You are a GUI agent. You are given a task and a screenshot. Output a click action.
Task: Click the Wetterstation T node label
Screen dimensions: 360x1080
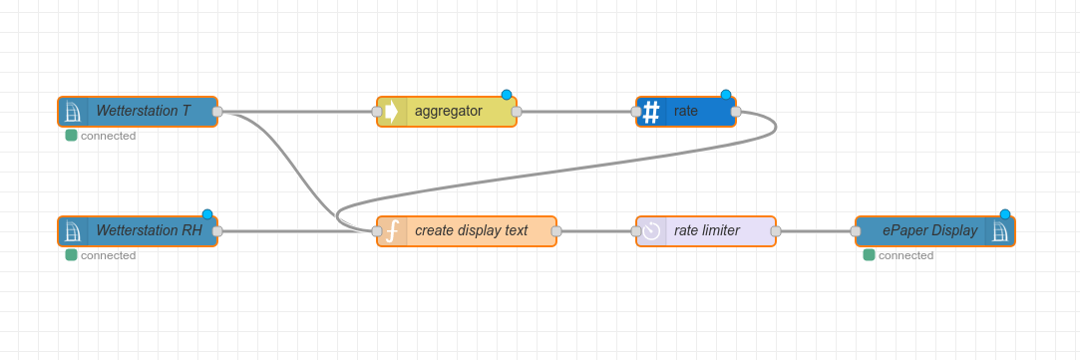coord(143,111)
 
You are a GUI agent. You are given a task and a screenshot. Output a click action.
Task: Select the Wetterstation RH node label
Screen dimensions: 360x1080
coord(149,230)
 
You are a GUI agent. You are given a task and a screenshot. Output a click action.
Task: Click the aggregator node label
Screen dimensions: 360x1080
coord(448,111)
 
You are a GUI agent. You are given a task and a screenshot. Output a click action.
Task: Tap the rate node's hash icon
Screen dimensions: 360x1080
coord(651,112)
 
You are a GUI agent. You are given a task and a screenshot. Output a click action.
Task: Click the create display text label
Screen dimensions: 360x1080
coord(471,230)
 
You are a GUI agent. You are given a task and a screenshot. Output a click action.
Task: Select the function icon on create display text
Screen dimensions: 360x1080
coord(392,231)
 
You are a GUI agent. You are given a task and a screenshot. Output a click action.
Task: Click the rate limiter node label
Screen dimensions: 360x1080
coord(706,230)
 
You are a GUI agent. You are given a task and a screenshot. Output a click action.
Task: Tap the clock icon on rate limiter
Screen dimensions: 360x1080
coord(651,231)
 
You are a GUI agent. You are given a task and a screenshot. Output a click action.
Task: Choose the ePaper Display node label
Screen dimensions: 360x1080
coord(929,230)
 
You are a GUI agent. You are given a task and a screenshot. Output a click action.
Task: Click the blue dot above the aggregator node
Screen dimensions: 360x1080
coord(507,95)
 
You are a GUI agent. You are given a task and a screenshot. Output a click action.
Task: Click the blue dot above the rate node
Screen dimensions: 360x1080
coord(726,95)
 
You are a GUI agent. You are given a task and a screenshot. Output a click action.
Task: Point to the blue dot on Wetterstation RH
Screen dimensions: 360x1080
coord(207,214)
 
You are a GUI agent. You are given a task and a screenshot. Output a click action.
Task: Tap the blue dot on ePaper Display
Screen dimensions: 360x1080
coord(1005,214)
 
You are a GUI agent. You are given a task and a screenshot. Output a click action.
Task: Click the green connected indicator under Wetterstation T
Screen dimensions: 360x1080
coord(71,136)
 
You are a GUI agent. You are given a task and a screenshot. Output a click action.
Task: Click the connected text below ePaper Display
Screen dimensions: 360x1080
coord(905,255)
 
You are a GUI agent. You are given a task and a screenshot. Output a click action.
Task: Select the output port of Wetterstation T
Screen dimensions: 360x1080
coord(217,112)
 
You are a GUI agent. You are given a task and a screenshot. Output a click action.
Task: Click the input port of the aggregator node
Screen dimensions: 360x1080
coord(377,112)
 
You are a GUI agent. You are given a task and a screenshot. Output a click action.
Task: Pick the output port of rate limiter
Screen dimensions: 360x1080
coord(776,231)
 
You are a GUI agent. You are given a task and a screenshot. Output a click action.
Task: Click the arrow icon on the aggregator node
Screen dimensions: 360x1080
coord(392,112)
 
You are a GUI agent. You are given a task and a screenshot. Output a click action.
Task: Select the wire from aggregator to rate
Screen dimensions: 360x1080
coord(576,112)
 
